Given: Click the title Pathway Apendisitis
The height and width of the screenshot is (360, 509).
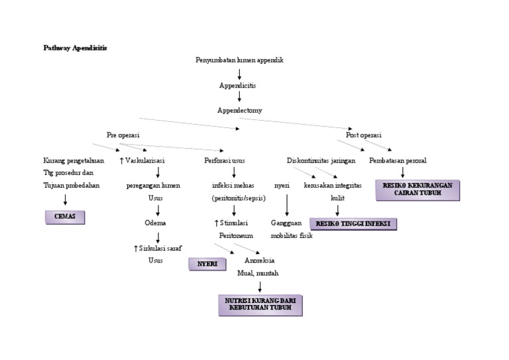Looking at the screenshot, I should coord(75,48).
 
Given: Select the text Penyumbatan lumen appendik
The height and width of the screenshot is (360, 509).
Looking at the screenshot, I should coord(239,60).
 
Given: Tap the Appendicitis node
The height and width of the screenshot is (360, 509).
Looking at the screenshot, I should coord(238,86).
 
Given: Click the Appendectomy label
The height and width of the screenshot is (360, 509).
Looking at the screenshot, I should coord(239,110).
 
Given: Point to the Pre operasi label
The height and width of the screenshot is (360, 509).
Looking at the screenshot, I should coord(123,135).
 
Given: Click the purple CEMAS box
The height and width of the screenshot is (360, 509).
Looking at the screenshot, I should coord(65,217).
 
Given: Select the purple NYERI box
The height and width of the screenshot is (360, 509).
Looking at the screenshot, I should coord(207,264).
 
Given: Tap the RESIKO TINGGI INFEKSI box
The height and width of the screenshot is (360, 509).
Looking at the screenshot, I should coord(353,224).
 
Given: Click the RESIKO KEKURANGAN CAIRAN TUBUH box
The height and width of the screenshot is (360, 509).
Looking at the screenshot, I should coord(418,190).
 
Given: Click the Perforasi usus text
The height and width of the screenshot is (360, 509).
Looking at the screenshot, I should coord(225,160).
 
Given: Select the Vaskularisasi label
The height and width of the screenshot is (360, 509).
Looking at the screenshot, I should coord(142,160).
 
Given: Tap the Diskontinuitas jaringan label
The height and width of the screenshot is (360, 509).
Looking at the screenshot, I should coord(321,160).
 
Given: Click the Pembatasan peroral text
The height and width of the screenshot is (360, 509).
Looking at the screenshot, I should coord(398,160).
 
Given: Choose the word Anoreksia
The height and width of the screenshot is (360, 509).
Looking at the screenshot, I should coord(260,261).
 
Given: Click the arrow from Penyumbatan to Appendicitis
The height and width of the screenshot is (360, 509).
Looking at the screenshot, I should coord(239,73).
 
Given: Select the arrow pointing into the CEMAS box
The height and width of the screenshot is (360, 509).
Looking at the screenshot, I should coord(65,200).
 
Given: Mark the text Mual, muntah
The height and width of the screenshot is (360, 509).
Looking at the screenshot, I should coord(258,273).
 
